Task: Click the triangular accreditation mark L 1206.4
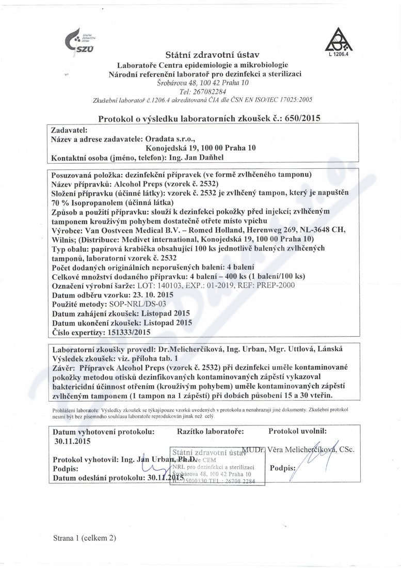336,41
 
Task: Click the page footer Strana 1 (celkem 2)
83,537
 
